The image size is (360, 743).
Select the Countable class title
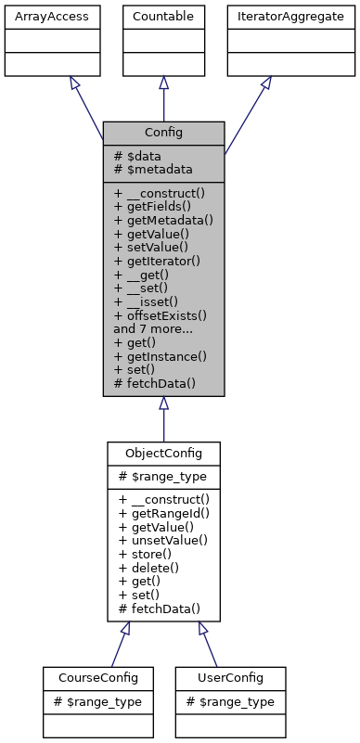pyautogui.click(x=163, y=16)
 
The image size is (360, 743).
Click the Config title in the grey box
pyautogui.click(x=163, y=133)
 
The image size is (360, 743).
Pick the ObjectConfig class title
pyautogui.click(x=163, y=453)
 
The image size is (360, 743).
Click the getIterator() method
pyautogui.click(x=160, y=262)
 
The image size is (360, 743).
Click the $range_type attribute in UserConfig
pyautogui.click(x=230, y=701)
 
